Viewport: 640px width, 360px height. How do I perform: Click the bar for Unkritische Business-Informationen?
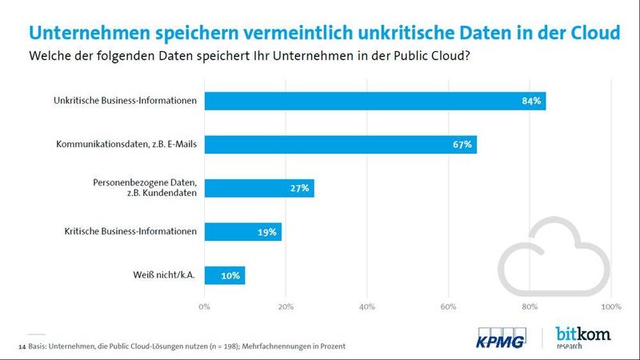pos(375,101)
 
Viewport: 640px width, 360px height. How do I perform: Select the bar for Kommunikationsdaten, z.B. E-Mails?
pos(341,145)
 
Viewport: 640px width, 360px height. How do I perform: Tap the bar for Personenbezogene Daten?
pos(259,189)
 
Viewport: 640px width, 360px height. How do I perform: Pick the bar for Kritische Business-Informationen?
pos(243,232)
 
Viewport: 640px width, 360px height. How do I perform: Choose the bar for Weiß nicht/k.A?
pos(225,275)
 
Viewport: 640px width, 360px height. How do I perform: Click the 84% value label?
pos(532,101)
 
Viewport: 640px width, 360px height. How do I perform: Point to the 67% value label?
pos(462,145)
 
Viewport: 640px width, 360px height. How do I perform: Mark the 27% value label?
pos(300,189)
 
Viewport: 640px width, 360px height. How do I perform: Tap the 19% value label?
pos(267,232)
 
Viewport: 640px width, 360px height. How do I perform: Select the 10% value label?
pos(230,275)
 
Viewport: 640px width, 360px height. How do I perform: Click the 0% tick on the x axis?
pos(204,306)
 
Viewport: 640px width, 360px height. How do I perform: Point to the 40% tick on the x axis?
pos(367,306)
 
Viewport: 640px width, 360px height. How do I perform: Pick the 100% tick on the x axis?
pos(610,306)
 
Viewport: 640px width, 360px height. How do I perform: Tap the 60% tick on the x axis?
pos(448,306)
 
